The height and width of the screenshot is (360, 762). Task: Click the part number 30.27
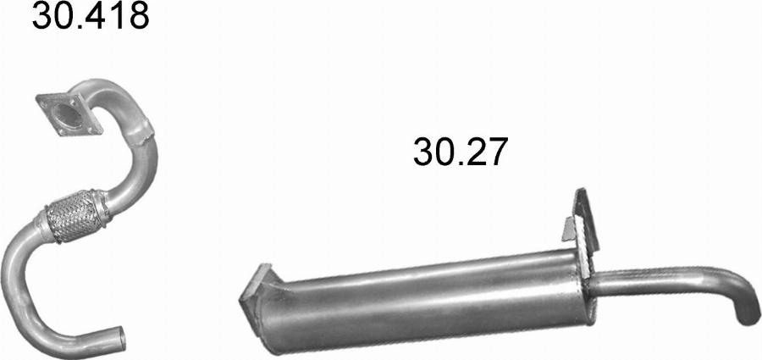[x=461, y=152]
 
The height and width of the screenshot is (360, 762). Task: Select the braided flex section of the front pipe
[x=74, y=218]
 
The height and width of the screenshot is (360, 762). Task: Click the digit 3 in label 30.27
[x=422, y=152]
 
